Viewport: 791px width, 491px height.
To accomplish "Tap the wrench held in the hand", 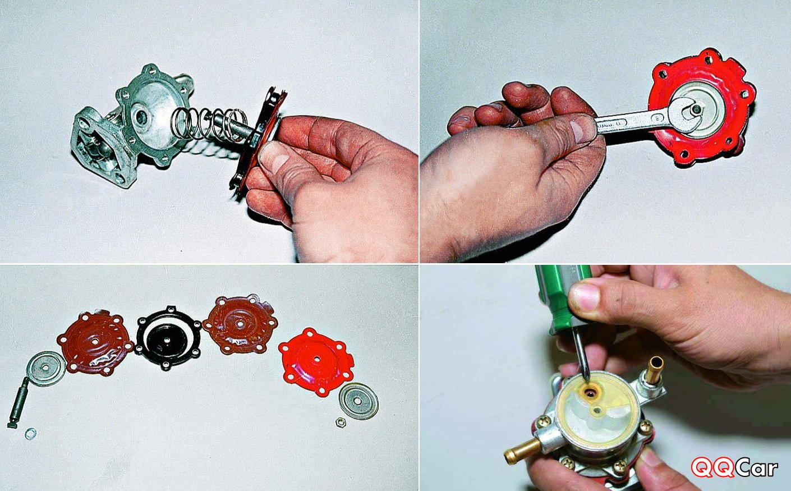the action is [646, 122].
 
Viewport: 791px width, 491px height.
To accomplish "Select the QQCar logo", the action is [734, 467].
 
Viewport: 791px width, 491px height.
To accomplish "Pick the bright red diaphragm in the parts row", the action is [316, 361].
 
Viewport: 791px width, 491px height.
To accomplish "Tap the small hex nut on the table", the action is [340, 422].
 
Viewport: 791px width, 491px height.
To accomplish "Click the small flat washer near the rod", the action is [30, 433].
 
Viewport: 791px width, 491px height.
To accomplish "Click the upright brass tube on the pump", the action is [654, 370].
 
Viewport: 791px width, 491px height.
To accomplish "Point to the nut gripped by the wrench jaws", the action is [696, 109].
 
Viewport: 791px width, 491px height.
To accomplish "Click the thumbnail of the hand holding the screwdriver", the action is [585, 296].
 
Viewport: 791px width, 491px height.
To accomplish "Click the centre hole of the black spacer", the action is [167, 340].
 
